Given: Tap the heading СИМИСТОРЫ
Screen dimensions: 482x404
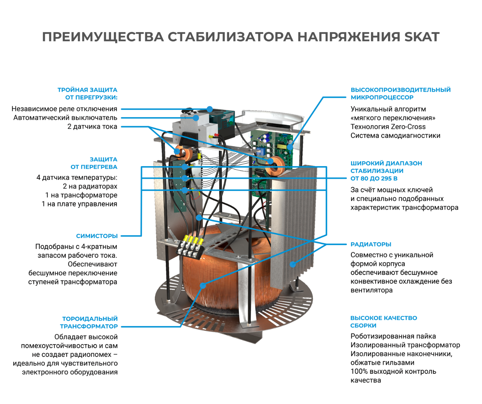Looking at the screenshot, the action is pos(97,236).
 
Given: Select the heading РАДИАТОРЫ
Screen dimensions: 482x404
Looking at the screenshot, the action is pos(371,244).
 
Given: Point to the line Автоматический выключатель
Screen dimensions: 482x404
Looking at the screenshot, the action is pos(65,118).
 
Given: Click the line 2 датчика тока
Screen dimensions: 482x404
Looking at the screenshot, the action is pos(92,126).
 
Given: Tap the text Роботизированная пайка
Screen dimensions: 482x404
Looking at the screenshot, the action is pos(393,336).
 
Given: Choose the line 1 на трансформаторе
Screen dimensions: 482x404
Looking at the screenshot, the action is pos(81,195).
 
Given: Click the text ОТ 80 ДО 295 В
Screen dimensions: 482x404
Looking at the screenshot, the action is pos(374,178).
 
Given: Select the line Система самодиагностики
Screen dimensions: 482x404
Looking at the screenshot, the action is pos(395,135).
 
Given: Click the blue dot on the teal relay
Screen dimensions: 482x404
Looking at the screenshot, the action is pos(210,109).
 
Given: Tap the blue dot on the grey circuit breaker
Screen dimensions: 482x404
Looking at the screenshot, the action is pos(196,118).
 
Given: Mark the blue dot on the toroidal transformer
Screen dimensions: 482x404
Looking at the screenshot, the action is pos(203,285).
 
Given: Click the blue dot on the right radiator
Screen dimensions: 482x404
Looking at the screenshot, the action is pos(293,264).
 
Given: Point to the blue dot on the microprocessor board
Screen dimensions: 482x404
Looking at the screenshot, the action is pos(290,147).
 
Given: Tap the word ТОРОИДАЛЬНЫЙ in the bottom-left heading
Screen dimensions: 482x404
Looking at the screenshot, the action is pos(90,319).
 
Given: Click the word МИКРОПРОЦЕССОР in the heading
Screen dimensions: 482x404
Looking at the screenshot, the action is pos(382,97).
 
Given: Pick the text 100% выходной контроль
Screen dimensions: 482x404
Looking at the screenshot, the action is pos(393,371).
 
